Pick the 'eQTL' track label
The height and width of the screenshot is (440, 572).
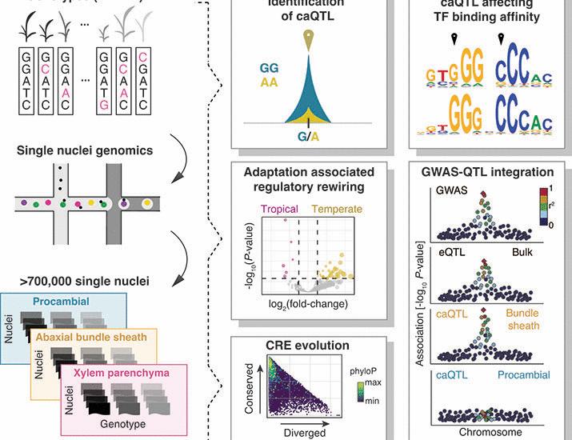point(445,252)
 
